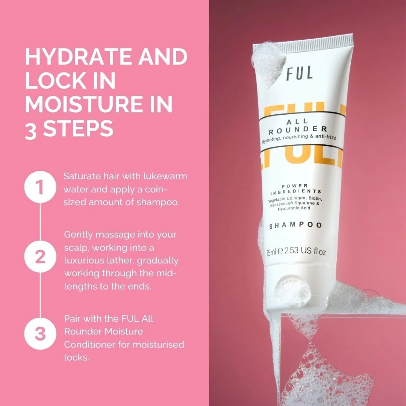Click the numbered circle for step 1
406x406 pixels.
point(40,187)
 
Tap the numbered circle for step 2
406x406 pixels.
point(40,256)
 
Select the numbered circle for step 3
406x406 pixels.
point(40,333)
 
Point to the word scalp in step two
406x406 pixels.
point(76,248)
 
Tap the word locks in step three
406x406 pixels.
point(76,358)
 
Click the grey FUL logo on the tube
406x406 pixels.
point(299,73)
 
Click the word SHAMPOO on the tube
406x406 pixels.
point(295,225)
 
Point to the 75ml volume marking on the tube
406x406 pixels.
point(272,251)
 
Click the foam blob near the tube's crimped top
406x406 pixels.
point(268,64)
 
